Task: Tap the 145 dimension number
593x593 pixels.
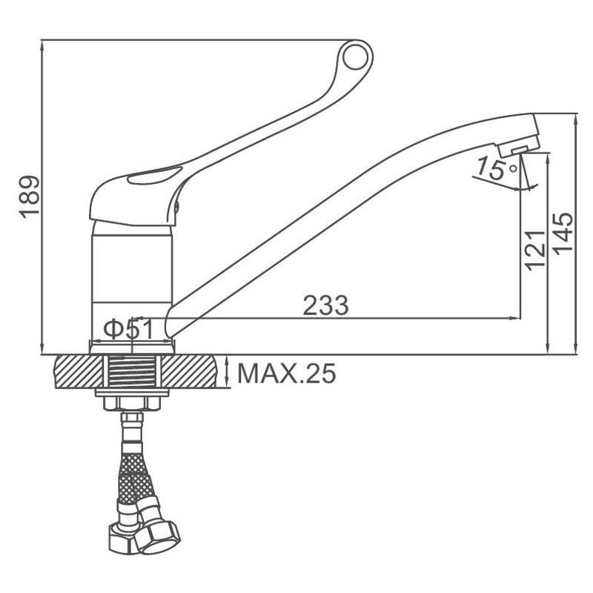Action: pyautogui.click(x=563, y=233)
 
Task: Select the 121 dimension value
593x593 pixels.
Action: pyautogui.click(x=535, y=250)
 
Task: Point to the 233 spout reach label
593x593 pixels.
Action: pyautogui.click(x=325, y=305)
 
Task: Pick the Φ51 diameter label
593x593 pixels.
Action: pyautogui.click(x=128, y=329)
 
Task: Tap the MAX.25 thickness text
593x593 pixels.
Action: pyautogui.click(x=286, y=374)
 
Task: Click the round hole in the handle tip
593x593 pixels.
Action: pyautogui.click(x=355, y=57)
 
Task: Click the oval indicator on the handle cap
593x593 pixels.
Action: pyautogui.click(x=155, y=176)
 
